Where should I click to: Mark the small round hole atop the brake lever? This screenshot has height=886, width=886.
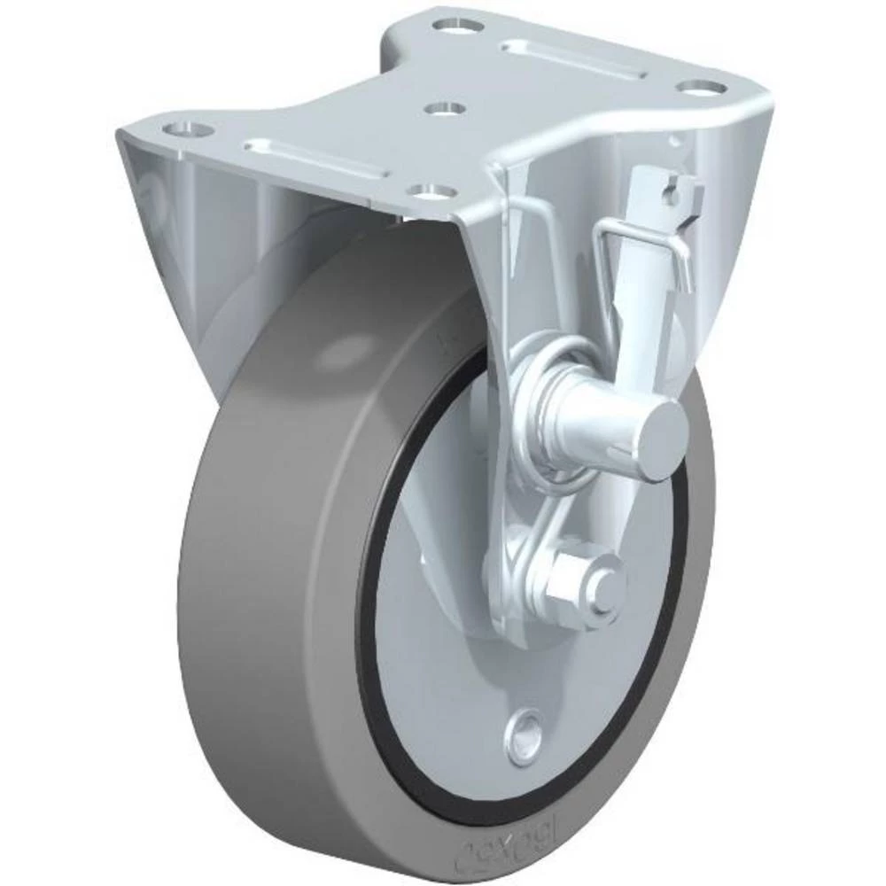click(x=673, y=193)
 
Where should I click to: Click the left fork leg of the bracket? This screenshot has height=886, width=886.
click(x=168, y=230)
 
